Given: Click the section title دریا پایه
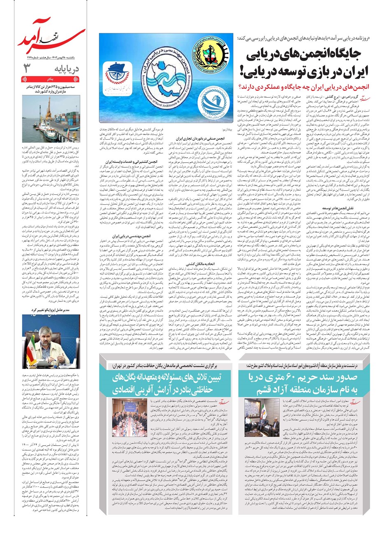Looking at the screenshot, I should (x=67, y=68).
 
